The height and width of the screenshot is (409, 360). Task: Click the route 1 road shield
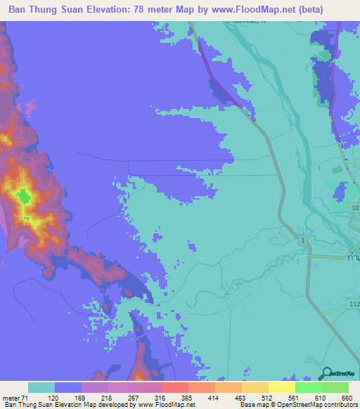click(x=302, y=241)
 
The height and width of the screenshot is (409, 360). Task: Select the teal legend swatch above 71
click(x=41, y=387)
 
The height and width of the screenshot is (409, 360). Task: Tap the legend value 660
click(x=346, y=398)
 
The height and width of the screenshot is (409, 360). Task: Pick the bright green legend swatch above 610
click(x=309, y=387)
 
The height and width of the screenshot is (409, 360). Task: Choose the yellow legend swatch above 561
click(x=282, y=387)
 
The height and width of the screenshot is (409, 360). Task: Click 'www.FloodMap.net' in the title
click(x=259, y=11)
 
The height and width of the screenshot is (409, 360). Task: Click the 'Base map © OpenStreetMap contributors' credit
click(x=299, y=405)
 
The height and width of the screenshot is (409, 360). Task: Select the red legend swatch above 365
click(x=175, y=387)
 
